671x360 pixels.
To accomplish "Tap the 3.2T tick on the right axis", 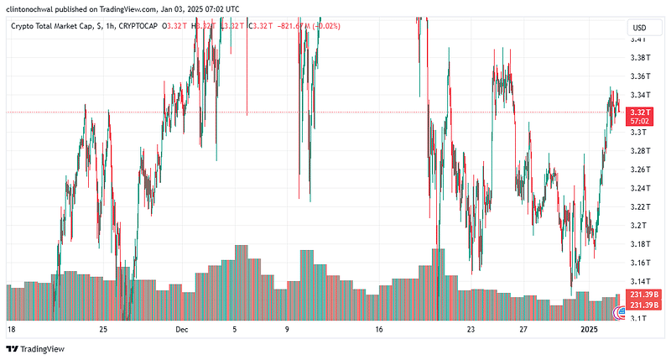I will point(639,225).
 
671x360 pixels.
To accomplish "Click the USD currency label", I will point(639,28).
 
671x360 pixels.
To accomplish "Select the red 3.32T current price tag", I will point(640,112).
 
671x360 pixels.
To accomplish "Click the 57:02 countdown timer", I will point(640,122).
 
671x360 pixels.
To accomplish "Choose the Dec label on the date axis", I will point(182,331).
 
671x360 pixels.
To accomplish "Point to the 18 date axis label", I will point(11,331).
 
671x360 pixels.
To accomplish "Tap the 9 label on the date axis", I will point(287,331).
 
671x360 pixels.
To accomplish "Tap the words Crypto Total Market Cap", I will point(50,26).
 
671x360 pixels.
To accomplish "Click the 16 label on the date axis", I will point(379,331).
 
